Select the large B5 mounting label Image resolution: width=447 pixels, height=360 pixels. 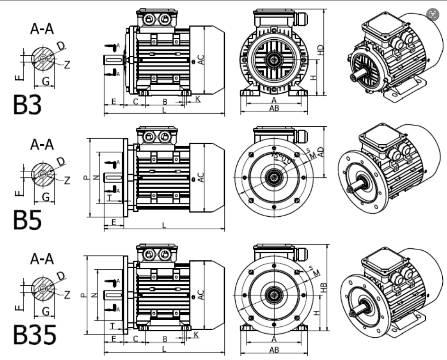coord(27,219)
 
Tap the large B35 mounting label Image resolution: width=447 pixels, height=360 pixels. coord(34,335)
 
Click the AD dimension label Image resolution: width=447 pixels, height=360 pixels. coord(321,152)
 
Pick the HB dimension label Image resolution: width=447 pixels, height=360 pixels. coord(324,287)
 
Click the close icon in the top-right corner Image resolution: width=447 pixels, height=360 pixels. coord(433,15)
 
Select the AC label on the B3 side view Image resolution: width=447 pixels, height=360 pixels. coord(201,60)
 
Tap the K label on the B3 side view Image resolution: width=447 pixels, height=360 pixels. coord(198,98)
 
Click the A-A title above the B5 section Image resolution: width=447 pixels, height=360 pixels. coord(42,144)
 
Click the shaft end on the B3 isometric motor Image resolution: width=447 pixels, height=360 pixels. coord(354,78)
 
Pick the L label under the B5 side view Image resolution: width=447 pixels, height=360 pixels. coord(164,225)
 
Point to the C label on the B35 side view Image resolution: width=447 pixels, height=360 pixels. coord(135,339)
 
